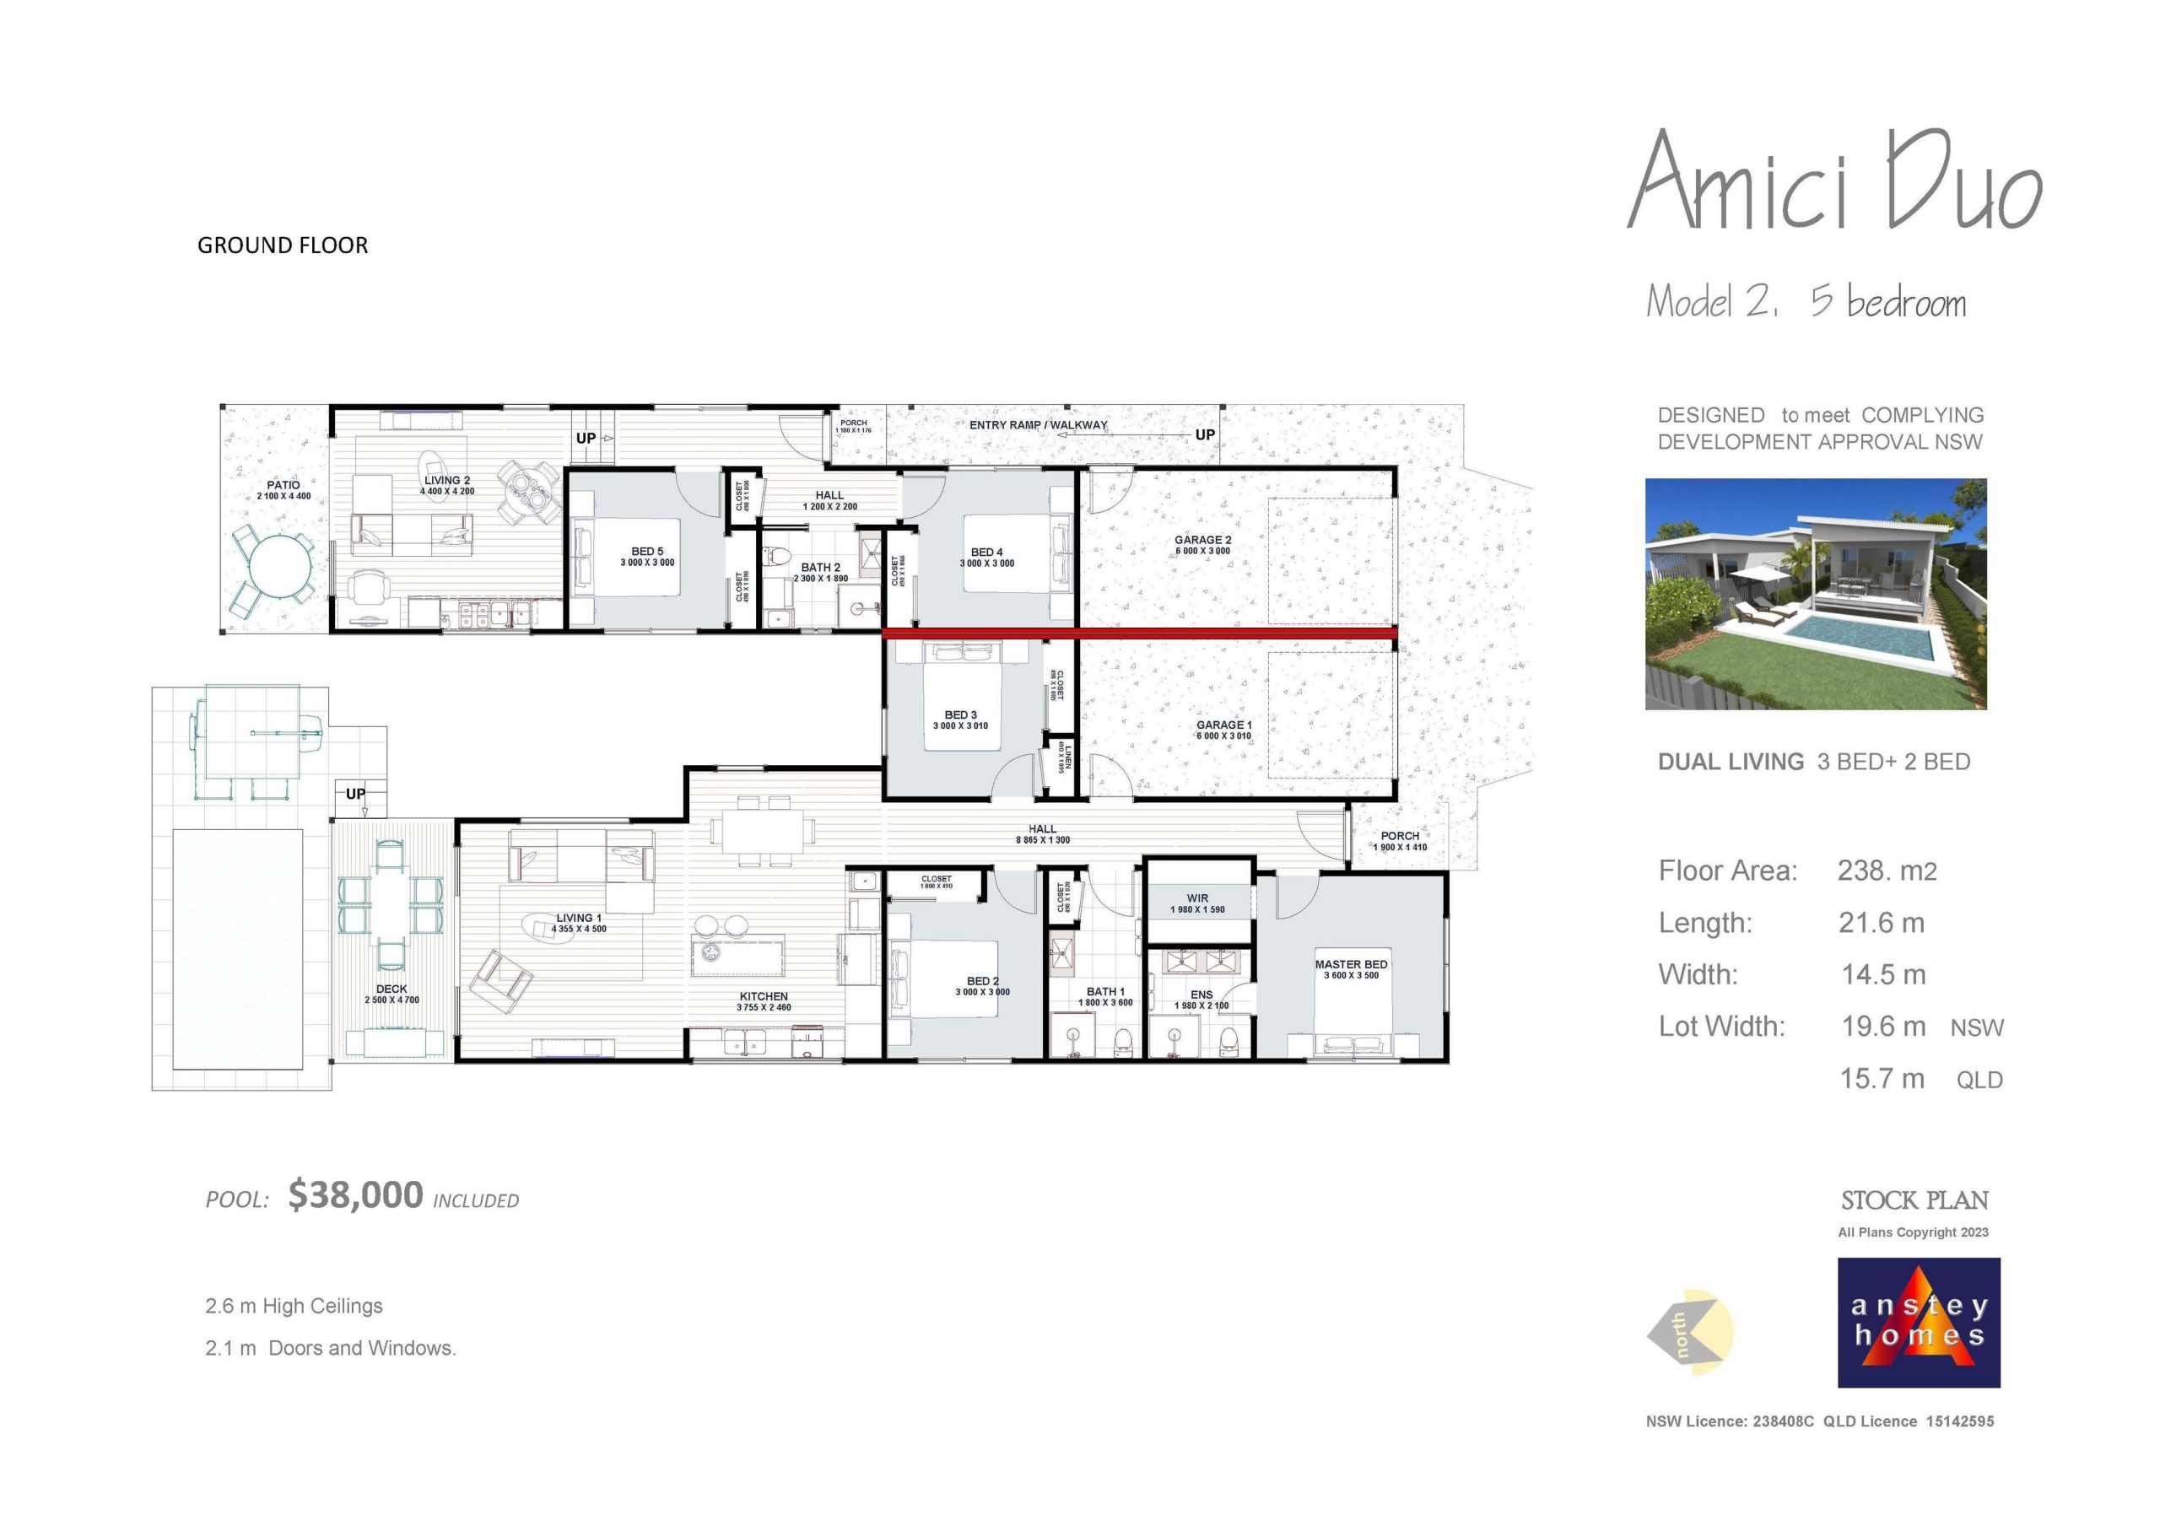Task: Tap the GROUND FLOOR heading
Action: [x=282, y=245]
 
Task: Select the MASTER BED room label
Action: [x=1350, y=964]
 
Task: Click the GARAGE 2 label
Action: [x=1202, y=540]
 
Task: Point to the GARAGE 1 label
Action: [x=1223, y=725]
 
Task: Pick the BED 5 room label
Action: [x=647, y=552]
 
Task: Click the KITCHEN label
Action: [x=763, y=996]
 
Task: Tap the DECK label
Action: [x=391, y=989]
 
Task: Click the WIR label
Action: [x=1197, y=898]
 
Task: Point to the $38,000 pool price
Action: [x=355, y=1195]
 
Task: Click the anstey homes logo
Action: [x=1918, y=1322]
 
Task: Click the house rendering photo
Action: [x=1815, y=594]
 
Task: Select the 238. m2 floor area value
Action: [x=1886, y=871]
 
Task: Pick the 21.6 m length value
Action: [x=1881, y=923]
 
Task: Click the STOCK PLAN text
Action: [x=1914, y=1200]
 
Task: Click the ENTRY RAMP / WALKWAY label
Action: [x=1038, y=425]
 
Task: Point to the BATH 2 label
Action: [x=820, y=568]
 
